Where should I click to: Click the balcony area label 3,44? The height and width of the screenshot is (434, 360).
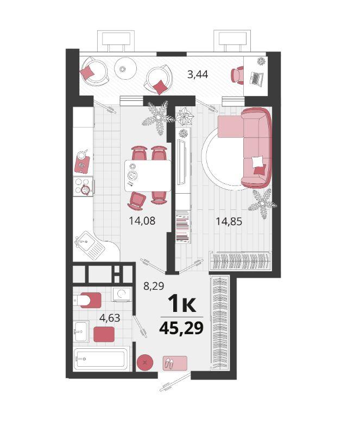coord(198,75)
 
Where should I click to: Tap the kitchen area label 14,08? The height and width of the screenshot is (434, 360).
coord(142,221)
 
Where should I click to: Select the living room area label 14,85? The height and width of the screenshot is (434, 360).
coord(229,221)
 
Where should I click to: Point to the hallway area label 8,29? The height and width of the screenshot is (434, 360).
coord(154,286)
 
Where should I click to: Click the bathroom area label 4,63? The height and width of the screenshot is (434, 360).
coord(110,318)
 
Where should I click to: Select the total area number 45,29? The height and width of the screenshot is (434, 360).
coord(181,328)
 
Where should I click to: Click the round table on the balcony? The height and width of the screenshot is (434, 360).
coord(125,68)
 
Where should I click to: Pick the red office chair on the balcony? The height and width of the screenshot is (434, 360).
coord(237,75)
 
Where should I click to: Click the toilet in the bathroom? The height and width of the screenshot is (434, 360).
coord(87,300)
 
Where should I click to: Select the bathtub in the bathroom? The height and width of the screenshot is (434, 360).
coord(102,359)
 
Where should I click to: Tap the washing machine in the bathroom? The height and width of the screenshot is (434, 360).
coord(122,294)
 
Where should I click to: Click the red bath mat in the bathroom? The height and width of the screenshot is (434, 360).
coord(104,334)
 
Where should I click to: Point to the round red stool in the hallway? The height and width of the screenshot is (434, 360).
coord(144,362)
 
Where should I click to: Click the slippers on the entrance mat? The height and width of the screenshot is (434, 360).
coord(169,362)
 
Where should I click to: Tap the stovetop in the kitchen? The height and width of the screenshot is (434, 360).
coord(83,187)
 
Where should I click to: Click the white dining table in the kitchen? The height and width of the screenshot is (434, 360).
coord(148,175)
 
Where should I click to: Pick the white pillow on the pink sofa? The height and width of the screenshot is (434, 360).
coord(257,162)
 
